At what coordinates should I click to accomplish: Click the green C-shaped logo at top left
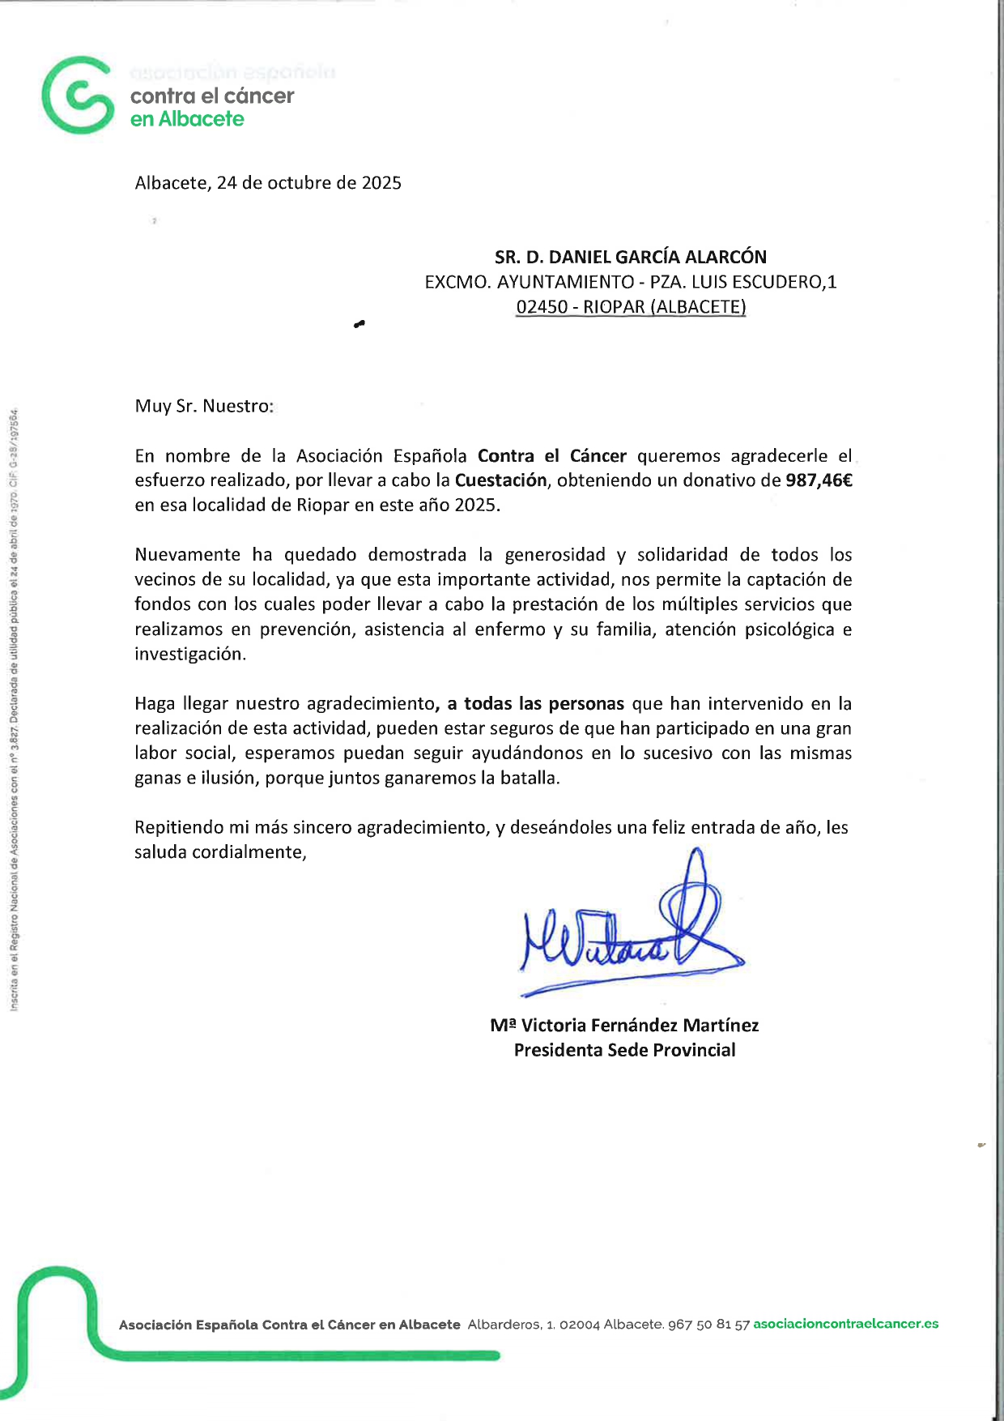coord(77,95)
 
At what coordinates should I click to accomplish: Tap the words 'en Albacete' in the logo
coord(187,119)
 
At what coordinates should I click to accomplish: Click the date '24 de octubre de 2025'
coord(308,183)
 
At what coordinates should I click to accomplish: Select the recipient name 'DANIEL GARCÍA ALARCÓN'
coord(657,257)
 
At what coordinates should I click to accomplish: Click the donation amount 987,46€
coord(819,480)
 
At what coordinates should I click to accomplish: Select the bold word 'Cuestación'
coord(500,480)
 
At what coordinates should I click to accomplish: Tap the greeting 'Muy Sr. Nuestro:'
coord(204,406)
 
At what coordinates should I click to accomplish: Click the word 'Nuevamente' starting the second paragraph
coord(187,555)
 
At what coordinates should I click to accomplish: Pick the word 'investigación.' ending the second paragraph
coord(190,655)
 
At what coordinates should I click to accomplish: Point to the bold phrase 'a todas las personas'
coord(535,704)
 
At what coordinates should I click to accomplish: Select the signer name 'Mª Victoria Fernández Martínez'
coord(624,1026)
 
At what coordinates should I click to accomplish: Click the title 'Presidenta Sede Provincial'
coord(624,1051)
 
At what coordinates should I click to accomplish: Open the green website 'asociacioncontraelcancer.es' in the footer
coord(845,1324)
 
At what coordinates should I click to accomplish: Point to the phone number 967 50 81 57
coord(708,1325)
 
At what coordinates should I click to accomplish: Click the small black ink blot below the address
coord(359,325)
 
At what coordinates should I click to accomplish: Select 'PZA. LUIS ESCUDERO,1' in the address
coord(743,282)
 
